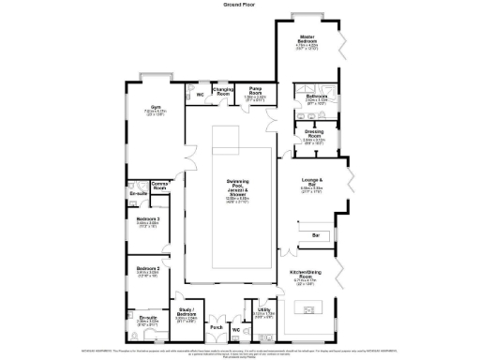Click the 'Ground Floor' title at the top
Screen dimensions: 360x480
(x=240, y=5)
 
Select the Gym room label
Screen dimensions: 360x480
(x=156, y=108)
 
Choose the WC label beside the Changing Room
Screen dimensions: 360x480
(x=200, y=95)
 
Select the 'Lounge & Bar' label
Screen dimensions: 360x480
(x=312, y=181)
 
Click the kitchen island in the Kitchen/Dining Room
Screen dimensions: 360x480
(x=316, y=306)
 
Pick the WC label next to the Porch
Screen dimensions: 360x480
(x=236, y=330)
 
